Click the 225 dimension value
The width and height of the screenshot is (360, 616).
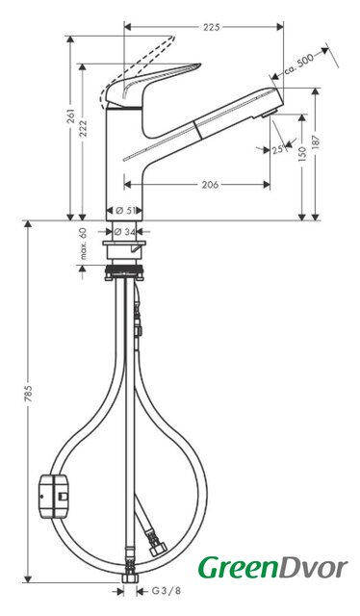pos(212,27)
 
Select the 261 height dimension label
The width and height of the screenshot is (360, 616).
pos(70,115)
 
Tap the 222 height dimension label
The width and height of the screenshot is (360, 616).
pos(83,128)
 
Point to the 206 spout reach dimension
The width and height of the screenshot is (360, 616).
pos(210,184)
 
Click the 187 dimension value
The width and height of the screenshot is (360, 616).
pos(316,141)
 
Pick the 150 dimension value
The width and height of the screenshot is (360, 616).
pos(302,154)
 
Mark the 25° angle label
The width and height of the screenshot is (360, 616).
pos(277,149)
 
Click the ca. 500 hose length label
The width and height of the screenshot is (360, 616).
pos(299,64)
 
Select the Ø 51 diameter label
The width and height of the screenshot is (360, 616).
pos(124,211)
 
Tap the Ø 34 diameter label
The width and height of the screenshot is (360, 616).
pos(124,232)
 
